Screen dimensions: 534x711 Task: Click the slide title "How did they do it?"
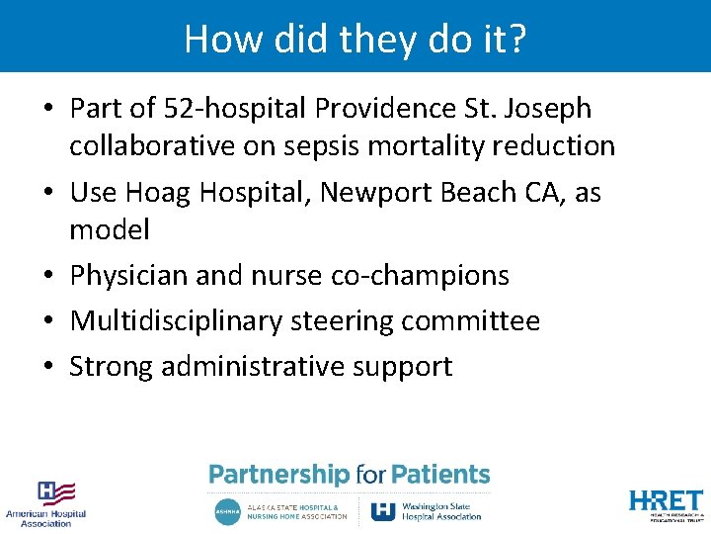coord(355,39)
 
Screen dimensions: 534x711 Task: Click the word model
coord(109,230)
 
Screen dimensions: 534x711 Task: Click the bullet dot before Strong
coord(47,367)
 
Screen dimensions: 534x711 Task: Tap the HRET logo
coord(666,503)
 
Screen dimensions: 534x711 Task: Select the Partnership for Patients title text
coord(350,475)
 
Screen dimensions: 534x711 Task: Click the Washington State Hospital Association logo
coord(427,511)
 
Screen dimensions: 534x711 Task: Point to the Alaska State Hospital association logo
coord(281,511)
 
